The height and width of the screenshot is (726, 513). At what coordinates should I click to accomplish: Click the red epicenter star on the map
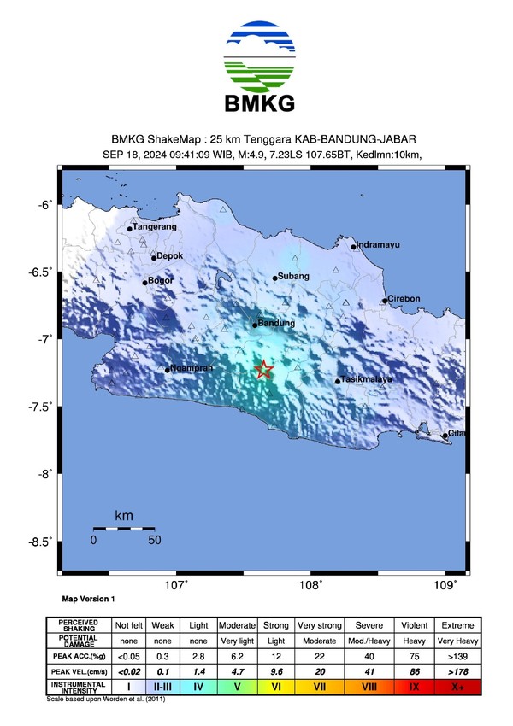pos(263,369)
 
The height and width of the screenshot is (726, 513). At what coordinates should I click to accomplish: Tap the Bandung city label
pos(276,324)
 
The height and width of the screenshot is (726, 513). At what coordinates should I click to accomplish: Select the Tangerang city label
pos(156,227)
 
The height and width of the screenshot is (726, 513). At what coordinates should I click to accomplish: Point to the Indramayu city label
pos(378,246)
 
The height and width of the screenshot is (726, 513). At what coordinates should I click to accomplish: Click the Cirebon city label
pos(404,299)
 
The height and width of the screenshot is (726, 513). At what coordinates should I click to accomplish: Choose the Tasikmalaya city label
pos(366,379)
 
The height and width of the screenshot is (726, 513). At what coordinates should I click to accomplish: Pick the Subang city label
pos(292,277)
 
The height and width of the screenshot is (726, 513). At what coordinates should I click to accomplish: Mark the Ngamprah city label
pos(191,368)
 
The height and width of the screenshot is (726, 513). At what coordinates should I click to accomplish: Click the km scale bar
pos(123,529)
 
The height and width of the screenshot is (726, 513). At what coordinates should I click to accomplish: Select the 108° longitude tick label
pos(310,585)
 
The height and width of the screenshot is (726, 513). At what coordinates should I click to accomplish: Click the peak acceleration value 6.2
pos(238,657)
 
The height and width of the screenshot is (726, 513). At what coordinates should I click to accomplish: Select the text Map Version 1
pos(89,600)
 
